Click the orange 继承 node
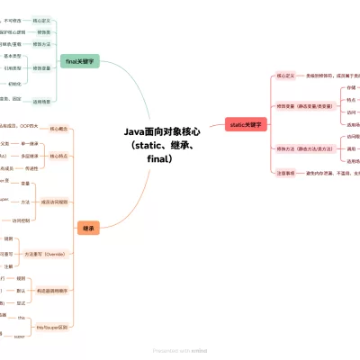pos(88,229)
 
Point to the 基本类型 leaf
pos(13,56)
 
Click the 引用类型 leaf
pos(13,67)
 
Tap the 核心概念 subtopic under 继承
pos(60,129)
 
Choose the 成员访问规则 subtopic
pos(54,201)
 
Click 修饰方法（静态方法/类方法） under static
pos(305,148)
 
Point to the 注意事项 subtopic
pos(287,172)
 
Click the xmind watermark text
pos(179,350)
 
